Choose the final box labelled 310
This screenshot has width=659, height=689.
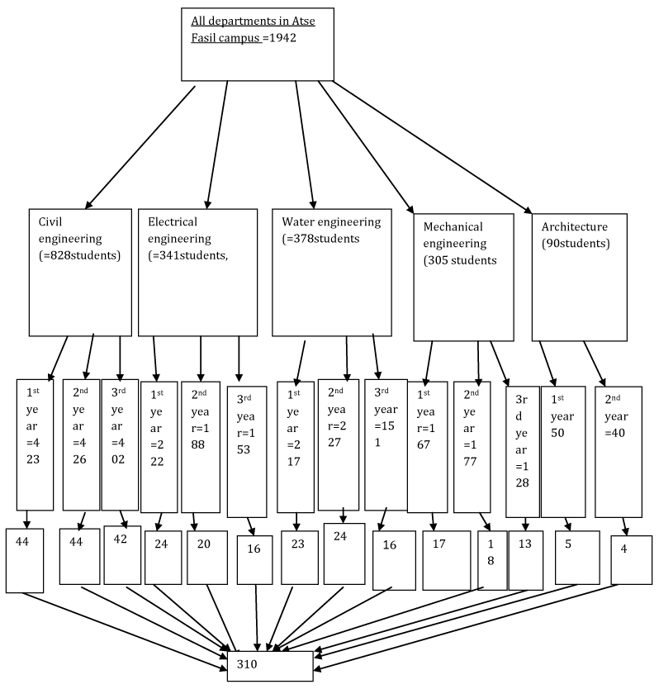click(x=270, y=666)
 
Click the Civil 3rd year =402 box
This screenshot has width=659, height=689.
click(x=120, y=444)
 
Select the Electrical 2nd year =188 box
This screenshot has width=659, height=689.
click(x=200, y=447)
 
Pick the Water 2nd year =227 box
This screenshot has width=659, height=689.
click(x=339, y=444)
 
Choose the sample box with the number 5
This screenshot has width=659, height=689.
click(x=576, y=555)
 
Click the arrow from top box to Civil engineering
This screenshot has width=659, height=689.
click(x=140, y=145)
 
